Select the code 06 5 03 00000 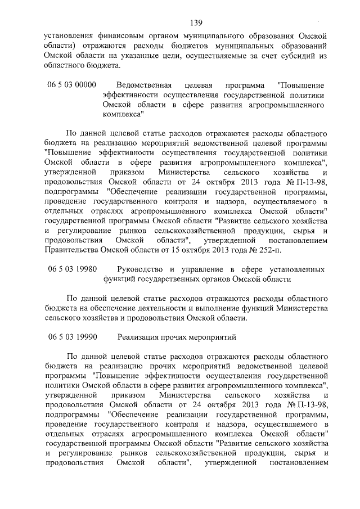71,85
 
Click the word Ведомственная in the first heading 144,85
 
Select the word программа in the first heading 247,85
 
